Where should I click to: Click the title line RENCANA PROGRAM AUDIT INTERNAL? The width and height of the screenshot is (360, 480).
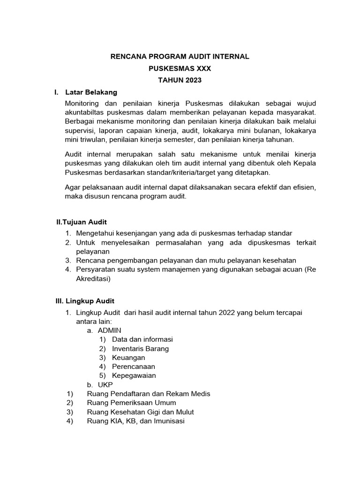click(180, 57)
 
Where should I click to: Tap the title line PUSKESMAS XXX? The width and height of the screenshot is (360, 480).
click(180, 68)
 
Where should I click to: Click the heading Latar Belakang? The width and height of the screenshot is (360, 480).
click(91, 92)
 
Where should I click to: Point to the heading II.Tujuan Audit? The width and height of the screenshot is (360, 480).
click(82, 222)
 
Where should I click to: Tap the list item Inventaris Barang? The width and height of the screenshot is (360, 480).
click(140, 348)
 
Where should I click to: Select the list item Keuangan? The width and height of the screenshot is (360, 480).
click(128, 358)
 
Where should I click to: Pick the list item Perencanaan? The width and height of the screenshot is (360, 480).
click(133, 367)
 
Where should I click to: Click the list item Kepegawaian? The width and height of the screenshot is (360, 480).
click(134, 375)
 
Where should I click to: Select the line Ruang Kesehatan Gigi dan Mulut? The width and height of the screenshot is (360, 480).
click(140, 412)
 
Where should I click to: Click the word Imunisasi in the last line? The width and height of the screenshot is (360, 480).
click(167, 421)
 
